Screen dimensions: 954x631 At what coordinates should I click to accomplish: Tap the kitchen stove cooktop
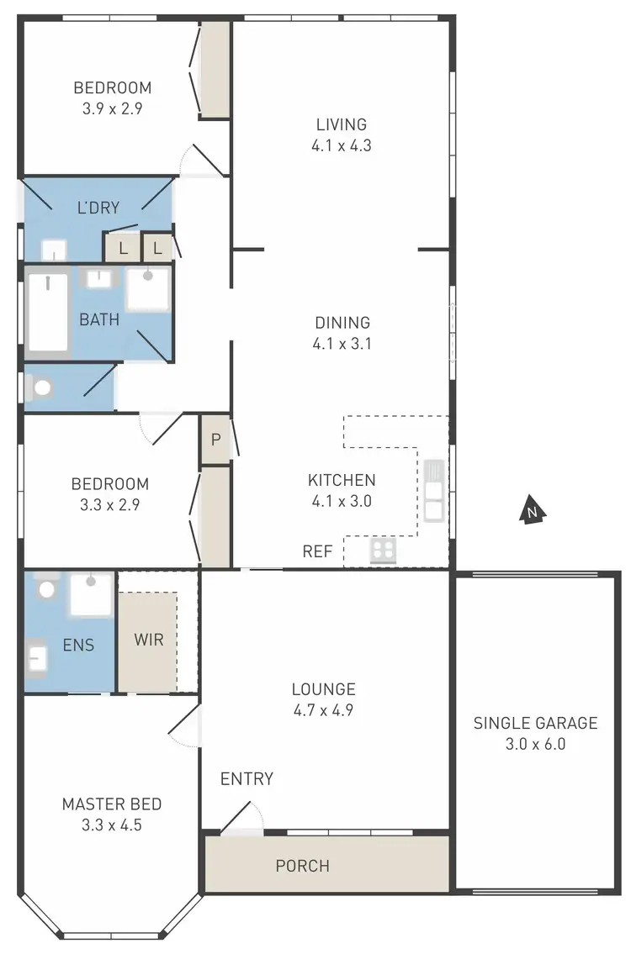pos(383,551)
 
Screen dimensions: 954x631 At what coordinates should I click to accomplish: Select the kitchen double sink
pos(433,492)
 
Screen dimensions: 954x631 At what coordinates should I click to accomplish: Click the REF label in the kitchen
pos(318,552)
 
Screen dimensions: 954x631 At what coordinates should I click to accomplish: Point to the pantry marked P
pos(215,439)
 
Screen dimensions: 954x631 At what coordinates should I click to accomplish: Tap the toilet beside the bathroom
pos(40,387)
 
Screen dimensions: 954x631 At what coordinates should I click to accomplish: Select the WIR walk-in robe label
pos(149,639)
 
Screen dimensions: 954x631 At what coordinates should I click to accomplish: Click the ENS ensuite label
pos(77,646)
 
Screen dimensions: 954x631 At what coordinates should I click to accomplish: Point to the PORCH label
pos(302,866)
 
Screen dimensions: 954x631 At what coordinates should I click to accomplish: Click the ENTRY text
pos(247,779)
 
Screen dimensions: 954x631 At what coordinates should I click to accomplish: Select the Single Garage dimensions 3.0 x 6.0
pos(535,744)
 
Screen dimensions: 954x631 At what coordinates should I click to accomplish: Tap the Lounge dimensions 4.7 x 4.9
pos(323,710)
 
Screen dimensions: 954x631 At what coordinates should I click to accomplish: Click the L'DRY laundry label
pos(98,208)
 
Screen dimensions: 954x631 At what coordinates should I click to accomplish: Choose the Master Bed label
pos(112,804)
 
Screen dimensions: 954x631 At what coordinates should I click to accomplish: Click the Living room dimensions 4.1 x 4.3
pos(341,145)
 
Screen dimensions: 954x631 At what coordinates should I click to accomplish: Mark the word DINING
pos(342,323)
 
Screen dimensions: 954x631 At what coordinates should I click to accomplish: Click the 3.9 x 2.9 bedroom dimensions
pos(112,108)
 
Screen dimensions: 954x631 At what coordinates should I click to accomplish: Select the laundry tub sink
pos(54,250)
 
